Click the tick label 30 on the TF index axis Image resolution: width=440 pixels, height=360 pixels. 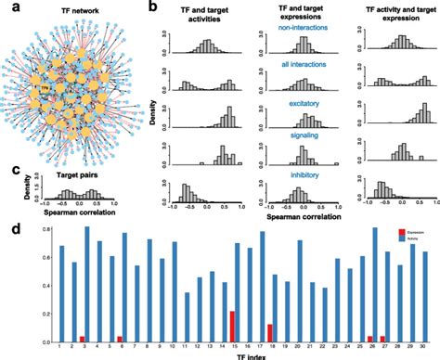[x=422, y=345]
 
